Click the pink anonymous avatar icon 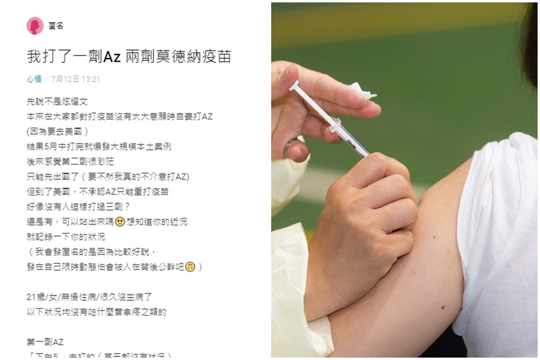click(35, 26)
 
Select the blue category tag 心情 click(34, 79)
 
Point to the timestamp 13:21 click(91, 79)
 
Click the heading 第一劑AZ click(45, 342)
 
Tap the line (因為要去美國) click(58, 132)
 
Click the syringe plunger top click(293, 88)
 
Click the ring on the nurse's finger click(288, 148)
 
